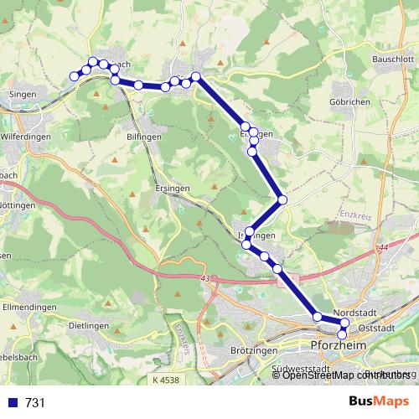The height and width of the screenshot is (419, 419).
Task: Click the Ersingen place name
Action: [174, 188]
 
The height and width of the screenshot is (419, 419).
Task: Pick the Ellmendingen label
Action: [28, 308]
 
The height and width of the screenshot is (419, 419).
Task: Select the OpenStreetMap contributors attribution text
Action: [343, 375]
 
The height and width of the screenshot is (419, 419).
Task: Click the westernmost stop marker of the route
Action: [75, 76]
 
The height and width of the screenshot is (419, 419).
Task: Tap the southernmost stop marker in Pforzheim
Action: [342, 335]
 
